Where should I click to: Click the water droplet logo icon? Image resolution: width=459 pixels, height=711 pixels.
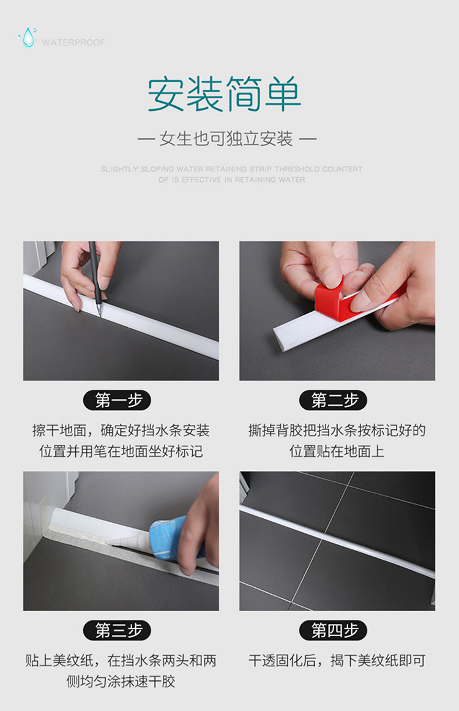click(28, 37)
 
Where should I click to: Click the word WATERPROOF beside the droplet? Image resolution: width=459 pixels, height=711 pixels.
click(73, 43)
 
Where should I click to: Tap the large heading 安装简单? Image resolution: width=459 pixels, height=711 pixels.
click(224, 94)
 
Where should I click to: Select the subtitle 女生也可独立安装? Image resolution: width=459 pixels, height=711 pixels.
click(226, 139)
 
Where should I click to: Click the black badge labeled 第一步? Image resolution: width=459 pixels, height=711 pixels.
click(117, 401)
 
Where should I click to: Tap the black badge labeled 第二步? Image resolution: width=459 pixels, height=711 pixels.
click(333, 401)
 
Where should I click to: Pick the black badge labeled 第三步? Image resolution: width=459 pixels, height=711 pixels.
click(117, 630)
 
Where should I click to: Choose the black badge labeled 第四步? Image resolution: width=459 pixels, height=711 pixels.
click(333, 630)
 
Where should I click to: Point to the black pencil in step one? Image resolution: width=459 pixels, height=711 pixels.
click(95, 277)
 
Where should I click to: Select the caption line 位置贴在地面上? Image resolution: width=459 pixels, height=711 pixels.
click(337, 451)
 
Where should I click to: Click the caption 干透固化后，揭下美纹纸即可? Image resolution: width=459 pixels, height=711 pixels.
click(337, 661)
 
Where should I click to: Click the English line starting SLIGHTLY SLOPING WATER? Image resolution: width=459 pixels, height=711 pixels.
click(231, 169)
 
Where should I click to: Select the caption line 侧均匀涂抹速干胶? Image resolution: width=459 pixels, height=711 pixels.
click(121, 682)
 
